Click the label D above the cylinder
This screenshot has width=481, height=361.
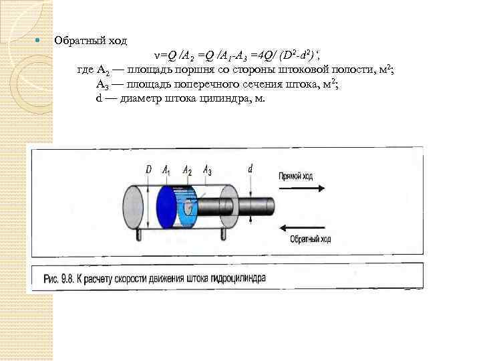[148, 170]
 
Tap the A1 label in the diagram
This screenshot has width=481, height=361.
[166, 170]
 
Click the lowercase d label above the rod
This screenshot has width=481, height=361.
[250, 169]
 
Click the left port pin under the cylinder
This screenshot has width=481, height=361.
[138, 235]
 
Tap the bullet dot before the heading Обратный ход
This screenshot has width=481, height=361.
[37, 41]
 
